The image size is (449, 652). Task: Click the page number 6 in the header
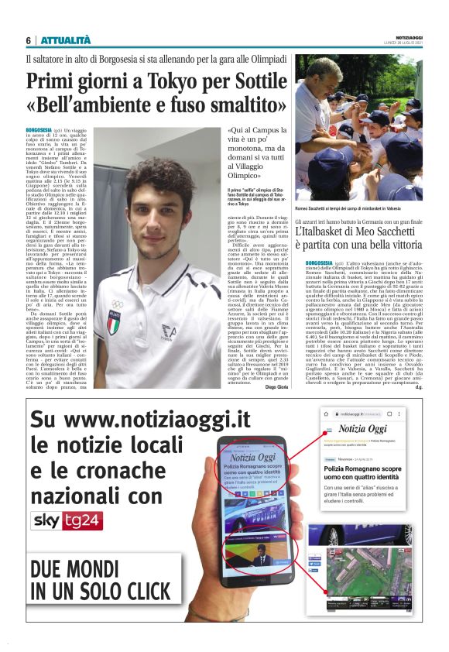point(28,40)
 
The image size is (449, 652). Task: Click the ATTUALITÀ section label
point(66,40)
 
